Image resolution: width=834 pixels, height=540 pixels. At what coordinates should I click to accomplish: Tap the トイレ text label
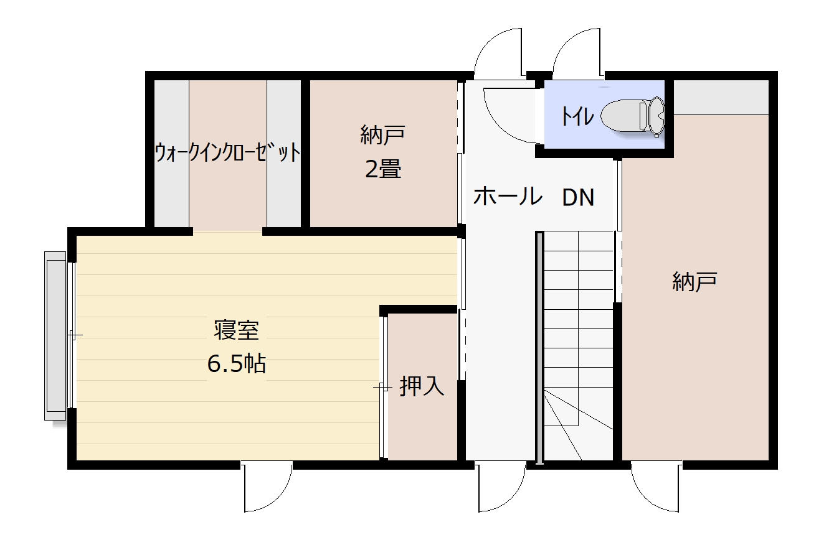click(577, 116)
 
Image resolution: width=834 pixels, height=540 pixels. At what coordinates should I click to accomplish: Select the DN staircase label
click(578, 197)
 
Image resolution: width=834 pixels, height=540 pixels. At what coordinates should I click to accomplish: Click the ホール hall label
click(508, 196)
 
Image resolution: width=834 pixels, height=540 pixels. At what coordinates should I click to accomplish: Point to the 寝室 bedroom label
click(237, 330)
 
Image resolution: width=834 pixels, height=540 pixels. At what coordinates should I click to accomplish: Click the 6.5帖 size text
click(237, 364)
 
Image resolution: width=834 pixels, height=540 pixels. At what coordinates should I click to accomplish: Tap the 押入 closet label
click(422, 386)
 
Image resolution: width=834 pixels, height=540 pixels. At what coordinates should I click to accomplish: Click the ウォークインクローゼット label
click(228, 152)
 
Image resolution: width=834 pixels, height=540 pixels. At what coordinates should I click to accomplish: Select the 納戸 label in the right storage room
click(694, 282)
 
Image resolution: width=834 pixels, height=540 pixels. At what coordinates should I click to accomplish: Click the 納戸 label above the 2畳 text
click(383, 134)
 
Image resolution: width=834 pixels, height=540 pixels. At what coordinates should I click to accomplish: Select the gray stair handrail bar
click(539, 348)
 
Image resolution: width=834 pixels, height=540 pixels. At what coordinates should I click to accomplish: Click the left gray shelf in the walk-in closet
click(172, 153)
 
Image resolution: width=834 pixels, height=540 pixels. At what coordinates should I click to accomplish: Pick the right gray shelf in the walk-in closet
click(283, 153)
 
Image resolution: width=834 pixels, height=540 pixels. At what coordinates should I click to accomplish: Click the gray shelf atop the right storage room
click(721, 98)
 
